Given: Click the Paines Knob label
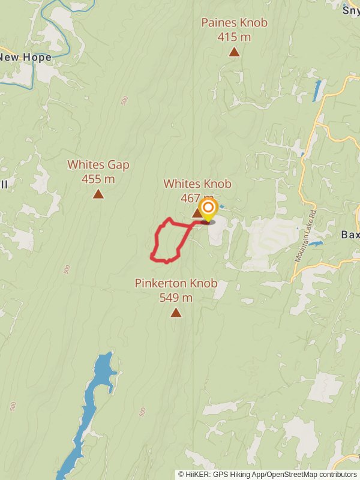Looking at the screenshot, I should pos(234,23).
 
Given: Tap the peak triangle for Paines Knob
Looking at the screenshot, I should pos(234,52).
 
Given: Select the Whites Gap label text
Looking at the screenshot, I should pos(98,164).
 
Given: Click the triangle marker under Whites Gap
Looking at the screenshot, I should pos(98,194).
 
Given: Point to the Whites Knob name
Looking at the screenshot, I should pos(197,184).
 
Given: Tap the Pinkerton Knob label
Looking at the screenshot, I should pos(176,283).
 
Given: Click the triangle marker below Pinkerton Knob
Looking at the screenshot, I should pos(176,312).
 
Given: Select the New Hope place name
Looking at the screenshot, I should pos(25,58).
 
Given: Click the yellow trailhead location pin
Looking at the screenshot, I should pos(208,210).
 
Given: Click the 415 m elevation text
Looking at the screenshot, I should pos(234,37).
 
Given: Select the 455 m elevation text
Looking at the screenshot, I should pos(98,179).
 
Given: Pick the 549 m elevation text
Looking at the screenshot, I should pos(176,298).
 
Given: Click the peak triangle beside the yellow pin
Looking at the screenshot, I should pos(197,213).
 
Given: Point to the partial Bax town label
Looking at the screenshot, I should pos(350,234).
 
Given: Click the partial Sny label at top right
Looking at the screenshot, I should pos(351,10).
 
